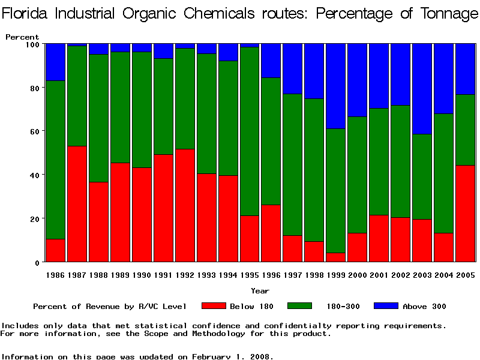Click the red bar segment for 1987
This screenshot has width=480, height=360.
click(77, 204)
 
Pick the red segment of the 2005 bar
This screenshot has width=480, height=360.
click(465, 214)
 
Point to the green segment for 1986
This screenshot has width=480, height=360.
click(55, 160)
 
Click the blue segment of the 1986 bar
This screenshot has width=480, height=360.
click(55, 62)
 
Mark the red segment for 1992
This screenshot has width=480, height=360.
click(185, 206)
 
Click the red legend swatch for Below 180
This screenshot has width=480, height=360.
click(214, 306)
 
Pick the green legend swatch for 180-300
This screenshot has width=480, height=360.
click(300, 306)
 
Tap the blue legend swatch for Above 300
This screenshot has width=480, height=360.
click(386, 306)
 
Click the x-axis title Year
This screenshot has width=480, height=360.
click(260, 291)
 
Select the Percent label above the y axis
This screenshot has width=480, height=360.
click(22, 37)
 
